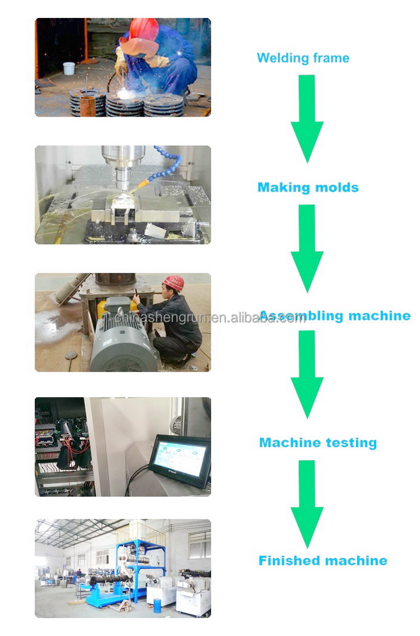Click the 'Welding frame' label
[x=303, y=58]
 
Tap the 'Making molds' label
[x=308, y=187]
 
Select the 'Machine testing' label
[x=318, y=443]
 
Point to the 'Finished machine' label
[x=323, y=560]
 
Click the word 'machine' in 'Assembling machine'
[x=380, y=315]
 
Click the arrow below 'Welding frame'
[x=307, y=119]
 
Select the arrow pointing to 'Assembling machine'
[x=307, y=248]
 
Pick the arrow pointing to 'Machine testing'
[x=307, y=374]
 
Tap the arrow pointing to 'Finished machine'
[x=307, y=504]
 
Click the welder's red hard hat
[x=144, y=29]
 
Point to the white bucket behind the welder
[x=69, y=68]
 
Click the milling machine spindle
[x=123, y=167]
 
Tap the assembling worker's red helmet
[x=174, y=282]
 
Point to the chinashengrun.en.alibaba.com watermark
[x=209, y=318]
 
